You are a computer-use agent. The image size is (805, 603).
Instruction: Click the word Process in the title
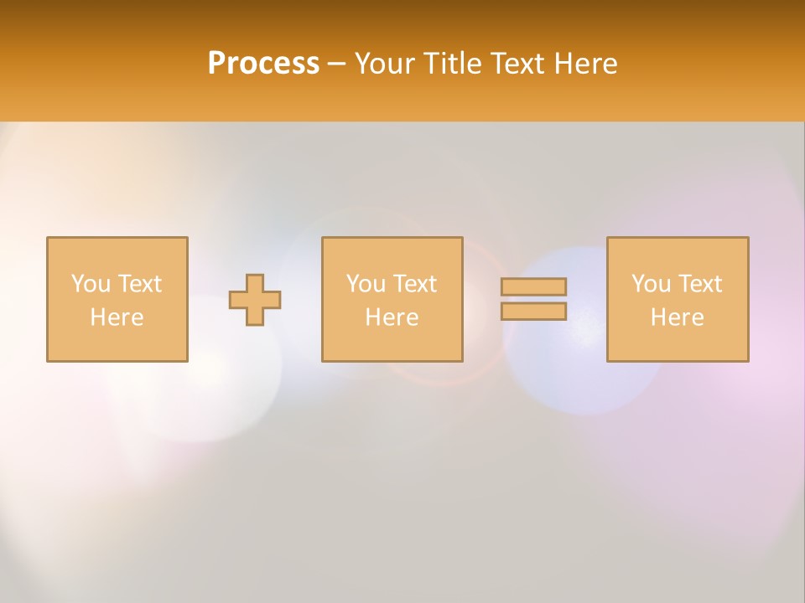click(x=263, y=64)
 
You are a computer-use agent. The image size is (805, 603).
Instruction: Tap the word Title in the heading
click(x=451, y=64)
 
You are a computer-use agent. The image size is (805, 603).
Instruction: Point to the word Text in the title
click(x=518, y=64)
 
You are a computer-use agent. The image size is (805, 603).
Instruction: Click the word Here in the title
click(x=586, y=64)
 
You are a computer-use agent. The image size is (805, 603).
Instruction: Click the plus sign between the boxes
click(x=255, y=300)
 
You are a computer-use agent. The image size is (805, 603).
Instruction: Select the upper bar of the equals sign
click(x=534, y=286)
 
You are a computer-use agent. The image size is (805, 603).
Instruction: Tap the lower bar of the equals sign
click(x=534, y=312)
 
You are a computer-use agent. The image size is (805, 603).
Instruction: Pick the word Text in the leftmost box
click(x=139, y=284)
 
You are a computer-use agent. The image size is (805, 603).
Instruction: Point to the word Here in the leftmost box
click(x=117, y=317)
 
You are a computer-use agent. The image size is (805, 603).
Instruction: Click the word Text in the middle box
click(x=414, y=284)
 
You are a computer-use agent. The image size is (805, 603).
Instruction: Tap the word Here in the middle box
click(x=392, y=317)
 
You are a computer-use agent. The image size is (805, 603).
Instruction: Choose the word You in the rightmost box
click(x=651, y=284)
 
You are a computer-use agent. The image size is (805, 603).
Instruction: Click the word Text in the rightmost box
click(x=699, y=284)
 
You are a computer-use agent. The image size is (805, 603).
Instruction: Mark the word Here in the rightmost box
click(x=677, y=317)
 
